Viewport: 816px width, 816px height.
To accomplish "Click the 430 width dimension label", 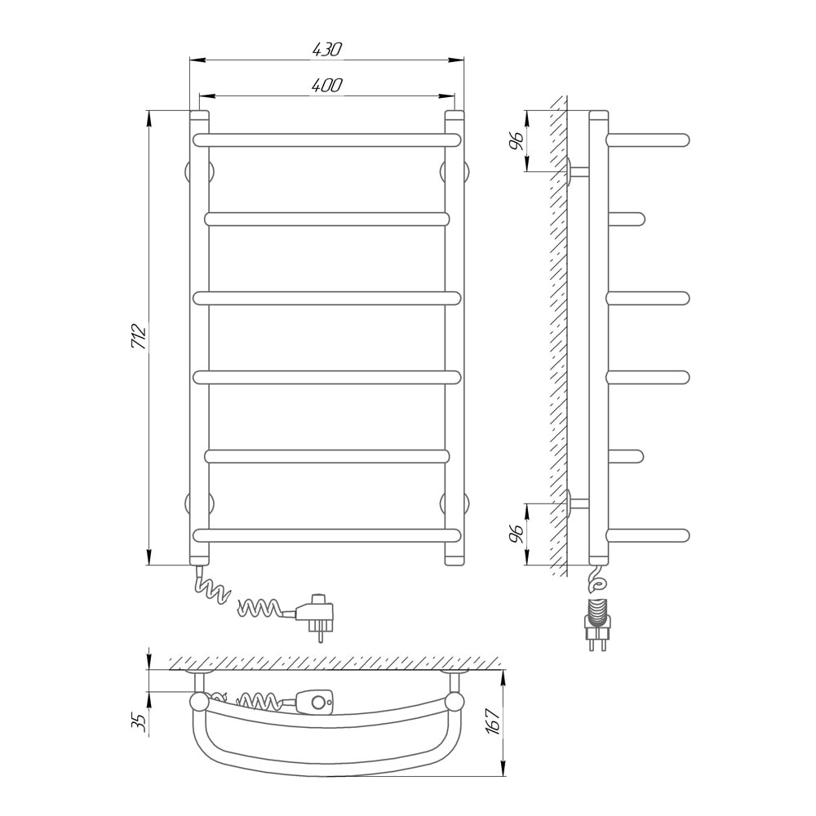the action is coord(327,49).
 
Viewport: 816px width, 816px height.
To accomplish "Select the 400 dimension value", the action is coord(327,85).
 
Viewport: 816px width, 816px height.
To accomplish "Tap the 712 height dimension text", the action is coord(139,336).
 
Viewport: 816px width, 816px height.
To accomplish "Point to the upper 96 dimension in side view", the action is coord(516,141).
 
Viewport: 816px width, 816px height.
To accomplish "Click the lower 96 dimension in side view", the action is coord(516,534).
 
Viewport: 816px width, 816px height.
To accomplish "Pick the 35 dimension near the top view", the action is coord(139,722).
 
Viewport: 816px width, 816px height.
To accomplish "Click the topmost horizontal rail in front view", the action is coord(327,140).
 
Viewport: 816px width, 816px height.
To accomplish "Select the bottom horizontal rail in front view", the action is coord(327,535).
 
